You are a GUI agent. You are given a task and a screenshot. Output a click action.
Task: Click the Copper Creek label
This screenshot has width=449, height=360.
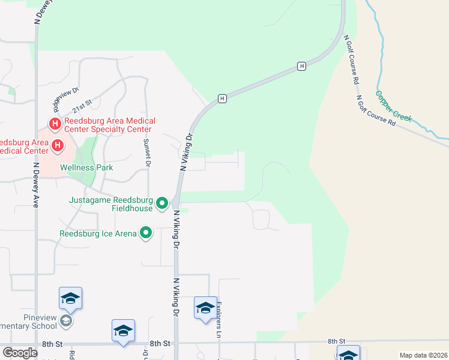coord(394,106)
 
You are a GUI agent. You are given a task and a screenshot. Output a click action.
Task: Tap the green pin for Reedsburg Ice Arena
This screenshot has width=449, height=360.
coord(146,232)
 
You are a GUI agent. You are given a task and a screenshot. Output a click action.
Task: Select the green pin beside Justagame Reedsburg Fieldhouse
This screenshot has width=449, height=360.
coord(162,204)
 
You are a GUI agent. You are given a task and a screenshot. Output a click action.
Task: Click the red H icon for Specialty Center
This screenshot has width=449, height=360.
coord(55,124)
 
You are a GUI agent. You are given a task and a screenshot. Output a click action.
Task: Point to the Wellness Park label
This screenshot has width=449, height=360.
coord(86,168)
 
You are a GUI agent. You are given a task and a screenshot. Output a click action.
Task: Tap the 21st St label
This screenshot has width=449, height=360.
coord(83,104)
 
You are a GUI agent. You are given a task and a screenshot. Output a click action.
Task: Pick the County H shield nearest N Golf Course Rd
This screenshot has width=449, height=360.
coord(302,66)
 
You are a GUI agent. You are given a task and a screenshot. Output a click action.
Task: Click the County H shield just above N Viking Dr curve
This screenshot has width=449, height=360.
coord(222,98)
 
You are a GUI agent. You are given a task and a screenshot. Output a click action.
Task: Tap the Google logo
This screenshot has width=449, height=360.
coord(20,353)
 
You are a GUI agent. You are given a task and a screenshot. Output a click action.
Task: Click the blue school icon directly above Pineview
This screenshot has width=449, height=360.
coord(70,298)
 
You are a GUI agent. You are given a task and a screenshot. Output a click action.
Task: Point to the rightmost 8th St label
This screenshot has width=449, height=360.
coord(337,341)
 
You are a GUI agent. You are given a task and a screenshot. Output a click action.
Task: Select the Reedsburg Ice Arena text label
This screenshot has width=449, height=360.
coord(98,233)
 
